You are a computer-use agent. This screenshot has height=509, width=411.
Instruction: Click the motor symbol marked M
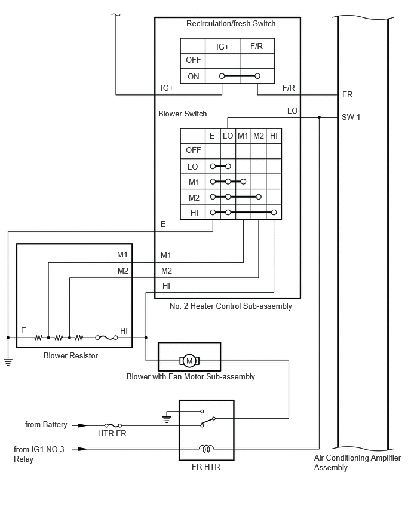(189, 361)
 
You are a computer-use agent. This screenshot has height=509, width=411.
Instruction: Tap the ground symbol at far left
(8, 362)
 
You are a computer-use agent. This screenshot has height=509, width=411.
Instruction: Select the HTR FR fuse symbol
(113, 425)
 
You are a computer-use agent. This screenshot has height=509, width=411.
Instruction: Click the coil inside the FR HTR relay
(206, 449)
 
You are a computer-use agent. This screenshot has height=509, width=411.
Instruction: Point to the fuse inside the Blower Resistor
(106, 338)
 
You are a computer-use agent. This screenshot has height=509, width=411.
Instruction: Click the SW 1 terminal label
(351, 117)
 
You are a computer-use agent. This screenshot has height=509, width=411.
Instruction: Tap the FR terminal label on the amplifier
(347, 94)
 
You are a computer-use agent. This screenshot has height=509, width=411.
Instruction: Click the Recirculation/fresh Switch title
(231, 23)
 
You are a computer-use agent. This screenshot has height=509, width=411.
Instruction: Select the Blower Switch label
(182, 114)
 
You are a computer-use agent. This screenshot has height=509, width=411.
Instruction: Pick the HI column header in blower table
(274, 136)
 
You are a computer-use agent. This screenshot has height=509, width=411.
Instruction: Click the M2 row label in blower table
(194, 198)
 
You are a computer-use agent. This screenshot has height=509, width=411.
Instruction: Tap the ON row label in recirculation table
(193, 76)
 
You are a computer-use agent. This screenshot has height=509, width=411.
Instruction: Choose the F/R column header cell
(256, 46)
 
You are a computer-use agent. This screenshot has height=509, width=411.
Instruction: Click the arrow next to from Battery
(79, 425)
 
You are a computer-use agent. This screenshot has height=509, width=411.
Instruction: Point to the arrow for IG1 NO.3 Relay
(79, 449)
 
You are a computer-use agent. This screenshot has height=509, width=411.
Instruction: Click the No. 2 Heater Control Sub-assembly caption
(231, 306)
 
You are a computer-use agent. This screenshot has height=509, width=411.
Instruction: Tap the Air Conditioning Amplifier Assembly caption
(357, 462)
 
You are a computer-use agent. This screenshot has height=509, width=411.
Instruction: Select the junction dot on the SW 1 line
(319, 117)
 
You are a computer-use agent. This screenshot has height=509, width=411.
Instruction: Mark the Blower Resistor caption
(70, 356)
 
